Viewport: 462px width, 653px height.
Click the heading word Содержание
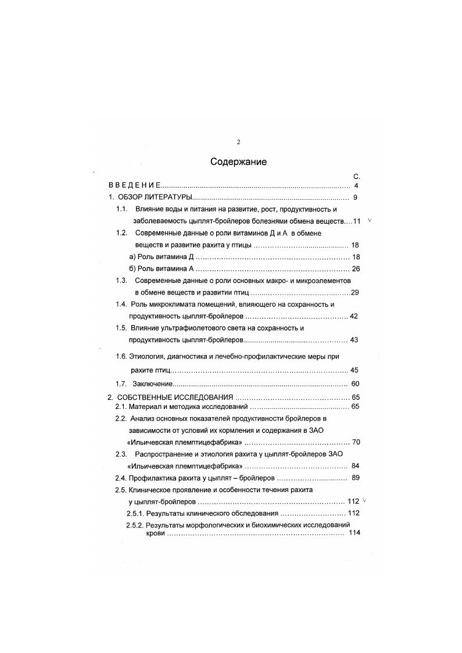(238, 162)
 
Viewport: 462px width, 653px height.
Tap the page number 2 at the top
(238, 142)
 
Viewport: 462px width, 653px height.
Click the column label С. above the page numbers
(356, 176)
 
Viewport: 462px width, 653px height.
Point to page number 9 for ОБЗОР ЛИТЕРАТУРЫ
(354, 198)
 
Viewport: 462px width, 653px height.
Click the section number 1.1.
(121, 209)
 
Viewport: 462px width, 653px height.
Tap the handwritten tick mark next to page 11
(370, 221)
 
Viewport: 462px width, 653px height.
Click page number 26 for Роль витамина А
(356, 268)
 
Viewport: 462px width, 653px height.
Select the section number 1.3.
(121, 280)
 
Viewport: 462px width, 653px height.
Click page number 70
(356, 442)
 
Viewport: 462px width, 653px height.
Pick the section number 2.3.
(121, 454)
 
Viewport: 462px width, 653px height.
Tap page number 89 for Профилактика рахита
(356, 478)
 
